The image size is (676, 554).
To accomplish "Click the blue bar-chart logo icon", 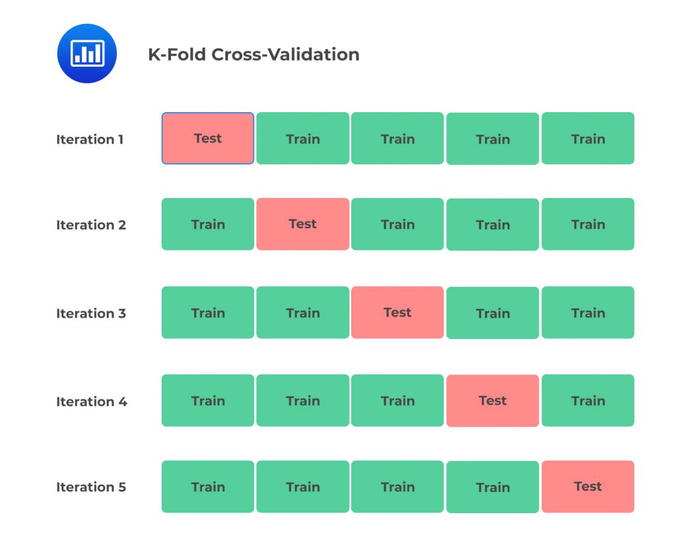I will coord(86,53).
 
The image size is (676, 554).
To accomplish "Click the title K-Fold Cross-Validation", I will coord(253,55).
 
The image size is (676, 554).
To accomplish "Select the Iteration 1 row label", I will coord(90,139).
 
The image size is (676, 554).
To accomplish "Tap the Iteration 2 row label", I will coord(91,225).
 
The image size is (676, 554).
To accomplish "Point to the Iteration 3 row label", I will coord(91,313).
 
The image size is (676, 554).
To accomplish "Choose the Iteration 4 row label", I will coord(92,402).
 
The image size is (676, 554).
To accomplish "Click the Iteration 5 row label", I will coord(91,487).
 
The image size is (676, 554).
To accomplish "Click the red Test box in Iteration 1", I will coord(208,138).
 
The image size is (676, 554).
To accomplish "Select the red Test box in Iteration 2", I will coord(303,224).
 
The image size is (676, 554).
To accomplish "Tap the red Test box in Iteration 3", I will coord(397,313).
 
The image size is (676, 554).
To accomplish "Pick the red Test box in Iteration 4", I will coord(492,401).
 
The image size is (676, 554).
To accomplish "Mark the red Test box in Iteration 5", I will coord(588,487).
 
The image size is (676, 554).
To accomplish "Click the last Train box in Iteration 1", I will coord(588,138).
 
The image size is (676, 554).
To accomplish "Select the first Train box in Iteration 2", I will coord(208,224).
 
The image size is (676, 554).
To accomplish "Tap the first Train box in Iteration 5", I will coord(208,487).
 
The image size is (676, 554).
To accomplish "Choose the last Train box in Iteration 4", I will coord(588,401).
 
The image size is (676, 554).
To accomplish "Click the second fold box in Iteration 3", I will coord(303,313).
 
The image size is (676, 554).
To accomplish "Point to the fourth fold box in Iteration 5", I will coord(492,487).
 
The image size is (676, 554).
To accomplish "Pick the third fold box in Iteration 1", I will coord(397,138).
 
